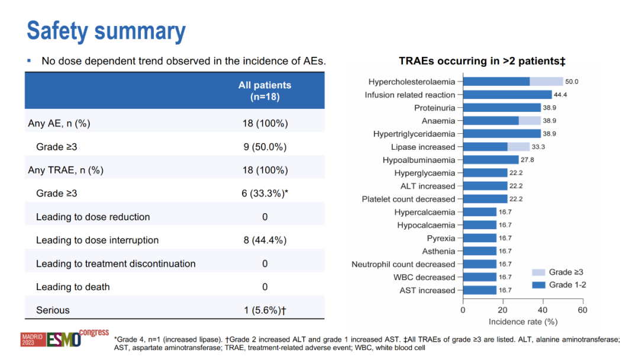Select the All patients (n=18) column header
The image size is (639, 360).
point(264,91)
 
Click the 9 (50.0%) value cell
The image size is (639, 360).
point(264,146)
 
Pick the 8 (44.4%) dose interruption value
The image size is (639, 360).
point(264,240)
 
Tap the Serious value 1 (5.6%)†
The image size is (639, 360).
point(264,310)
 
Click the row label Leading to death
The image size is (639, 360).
point(73,287)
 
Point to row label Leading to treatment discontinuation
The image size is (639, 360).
point(115,263)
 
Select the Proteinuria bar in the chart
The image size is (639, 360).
point(502,108)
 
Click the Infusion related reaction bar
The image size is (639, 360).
point(507,95)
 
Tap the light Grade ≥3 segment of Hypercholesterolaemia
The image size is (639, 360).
point(546,82)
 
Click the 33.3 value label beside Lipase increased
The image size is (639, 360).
point(538,147)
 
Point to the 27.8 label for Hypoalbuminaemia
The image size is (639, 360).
point(528,160)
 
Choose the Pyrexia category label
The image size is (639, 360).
point(441,238)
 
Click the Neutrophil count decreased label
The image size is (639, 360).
point(404,264)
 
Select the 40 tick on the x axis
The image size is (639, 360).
point(543,310)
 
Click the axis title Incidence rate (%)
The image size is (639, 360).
point(523,322)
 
